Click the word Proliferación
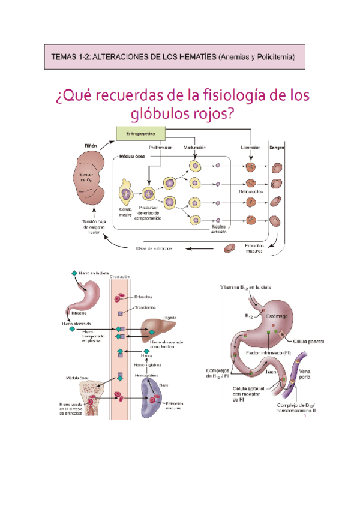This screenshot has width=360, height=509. [161, 147]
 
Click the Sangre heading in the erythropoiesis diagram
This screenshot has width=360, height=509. [277, 147]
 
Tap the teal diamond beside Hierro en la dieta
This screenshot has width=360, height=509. [74, 274]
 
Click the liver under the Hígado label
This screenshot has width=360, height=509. [160, 329]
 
